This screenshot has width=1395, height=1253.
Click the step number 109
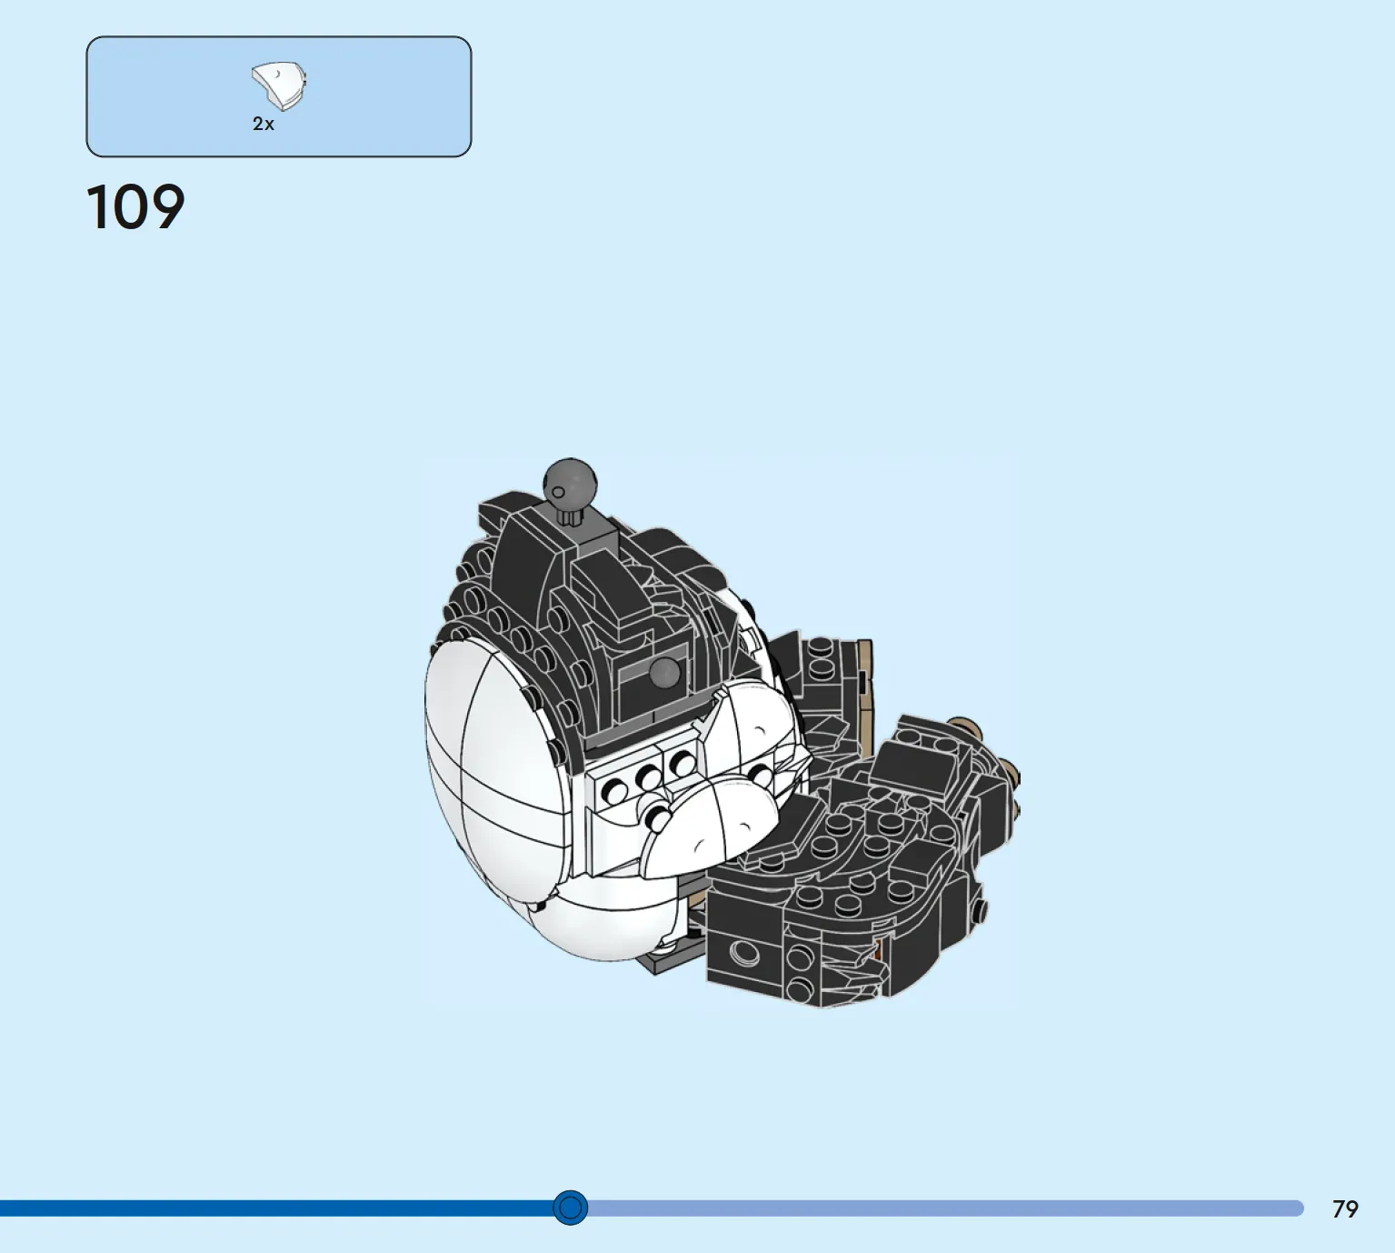[135, 206]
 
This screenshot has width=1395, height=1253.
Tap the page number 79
[1345, 1209]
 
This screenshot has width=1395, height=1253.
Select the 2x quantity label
[263, 124]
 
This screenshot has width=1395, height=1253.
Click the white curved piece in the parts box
[279, 86]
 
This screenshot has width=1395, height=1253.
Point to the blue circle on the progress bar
[570, 1208]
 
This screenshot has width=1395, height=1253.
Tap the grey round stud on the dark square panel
[664, 672]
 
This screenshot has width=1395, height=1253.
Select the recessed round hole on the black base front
[743, 953]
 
